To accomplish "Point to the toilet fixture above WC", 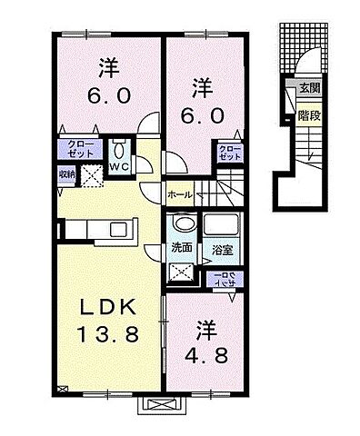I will point(119,148).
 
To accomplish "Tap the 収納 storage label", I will point(68,172).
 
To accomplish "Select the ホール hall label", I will point(179,193).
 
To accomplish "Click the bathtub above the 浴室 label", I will point(219,226).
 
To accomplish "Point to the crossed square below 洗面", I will point(180,269).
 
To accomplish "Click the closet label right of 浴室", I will point(221,279).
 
